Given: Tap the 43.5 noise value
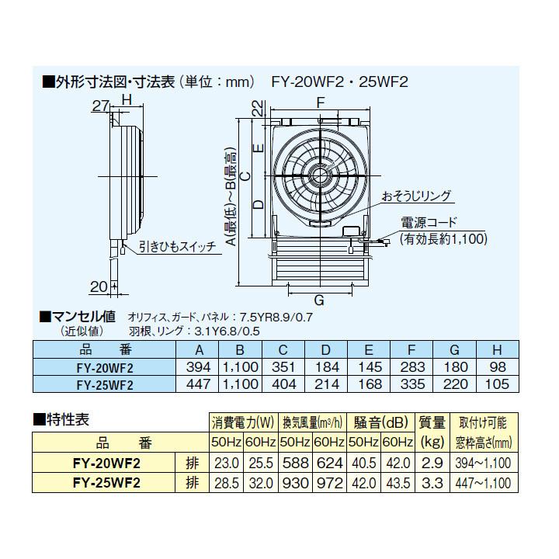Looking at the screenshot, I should point(398,482).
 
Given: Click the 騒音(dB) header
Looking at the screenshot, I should point(380,423).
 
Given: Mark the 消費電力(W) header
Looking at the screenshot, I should point(243,423).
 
